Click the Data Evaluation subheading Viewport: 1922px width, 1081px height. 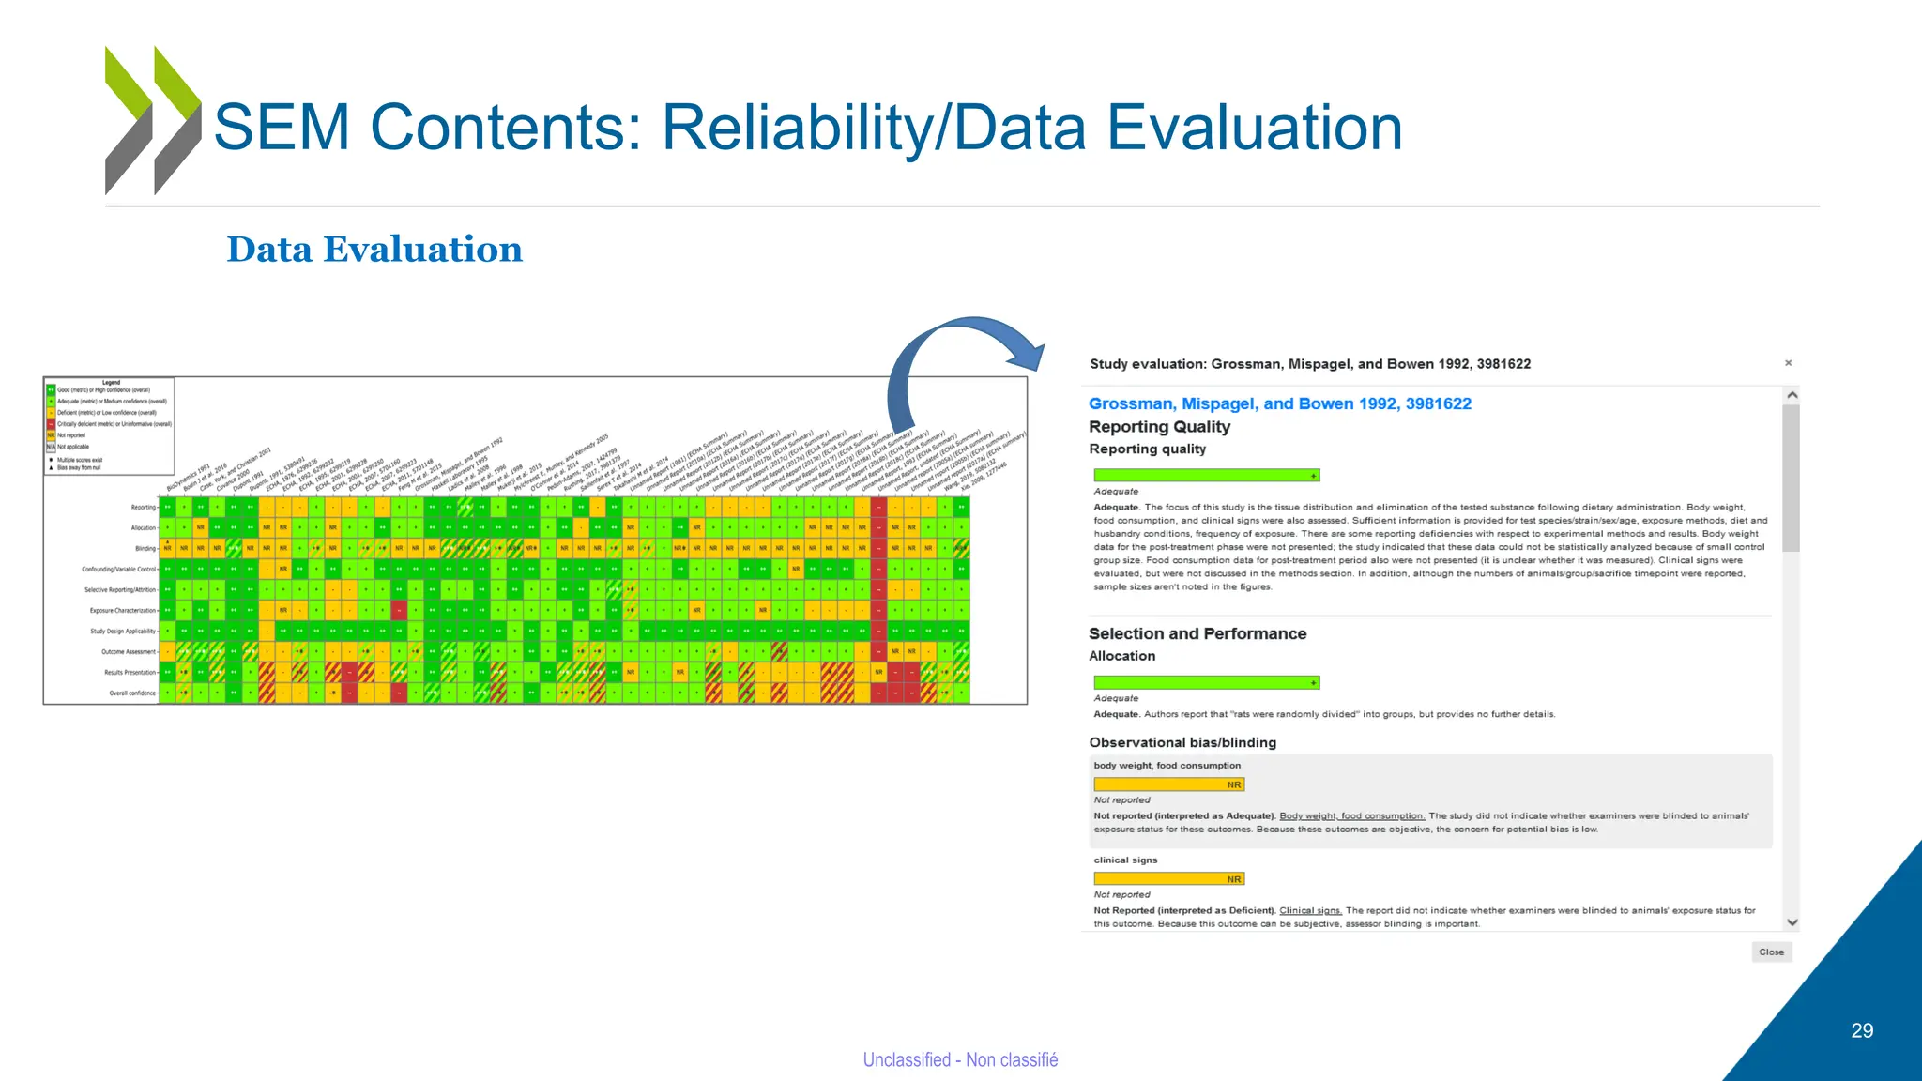pyautogui.click(x=374, y=250)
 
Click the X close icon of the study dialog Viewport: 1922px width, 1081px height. pyautogui.click(x=1788, y=363)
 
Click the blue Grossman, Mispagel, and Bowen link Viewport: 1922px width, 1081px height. pyautogui.click(x=1279, y=403)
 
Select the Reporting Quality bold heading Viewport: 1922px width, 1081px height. pyautogui.click(x=1159, y=427)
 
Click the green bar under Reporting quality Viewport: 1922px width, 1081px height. pyautogui.click(x=1206, y=476)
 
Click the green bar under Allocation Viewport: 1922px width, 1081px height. pyautogui.click(x=1206, y=683)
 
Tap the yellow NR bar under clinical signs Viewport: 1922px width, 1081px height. pyautogui.click(x=1168, y=879)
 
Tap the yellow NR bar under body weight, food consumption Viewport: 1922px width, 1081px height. pyautogui.click(x=1168, y=784)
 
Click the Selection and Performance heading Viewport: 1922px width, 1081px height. pyautogui.click(x=1197, y=634)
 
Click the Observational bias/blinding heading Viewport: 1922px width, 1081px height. pyautogui.click(x=1182, y=742)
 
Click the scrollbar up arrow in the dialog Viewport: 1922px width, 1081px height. pyautogui.click(x=1792, y=396)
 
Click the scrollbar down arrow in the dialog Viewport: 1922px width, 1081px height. pyautogui.click(x=1792, y=922)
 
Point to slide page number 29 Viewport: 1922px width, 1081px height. pyautogui.click(x=1862, y=1030)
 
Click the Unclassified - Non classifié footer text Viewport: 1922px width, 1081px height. pyautogui.click(x=960, y=1059)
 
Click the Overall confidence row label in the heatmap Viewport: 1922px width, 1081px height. pyautogui.click(x=131, y=693)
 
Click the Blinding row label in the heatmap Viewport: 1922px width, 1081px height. pyautogui.click(x=145, y=549)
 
